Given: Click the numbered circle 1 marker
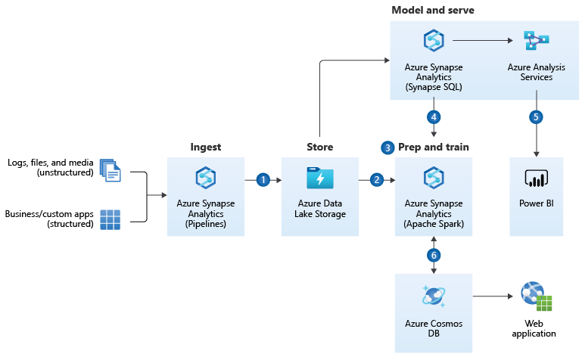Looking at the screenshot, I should [x=263, y=180].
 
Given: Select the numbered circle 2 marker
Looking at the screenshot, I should [x=377, y=180].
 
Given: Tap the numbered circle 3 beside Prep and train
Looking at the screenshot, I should [x=388, y=147].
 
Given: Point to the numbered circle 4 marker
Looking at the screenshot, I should [x=434, y=117].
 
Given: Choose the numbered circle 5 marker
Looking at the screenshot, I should [x=537, y=117].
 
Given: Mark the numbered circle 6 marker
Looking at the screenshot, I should [x=434, y=255].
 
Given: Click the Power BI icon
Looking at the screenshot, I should [x=537, y=179].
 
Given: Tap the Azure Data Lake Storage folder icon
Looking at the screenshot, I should [x=319, y=178].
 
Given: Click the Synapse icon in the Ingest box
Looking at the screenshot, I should [x=206, y=178].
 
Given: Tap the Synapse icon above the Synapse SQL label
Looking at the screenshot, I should [x=434, y=41].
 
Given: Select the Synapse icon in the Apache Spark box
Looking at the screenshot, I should [x=434, y=178].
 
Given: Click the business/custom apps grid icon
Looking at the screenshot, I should [x=110, y=219].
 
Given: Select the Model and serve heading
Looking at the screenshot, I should [x=433, y=9].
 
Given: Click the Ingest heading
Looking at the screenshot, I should [x=205, y=147].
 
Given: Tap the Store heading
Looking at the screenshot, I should [x=319, y=147].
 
